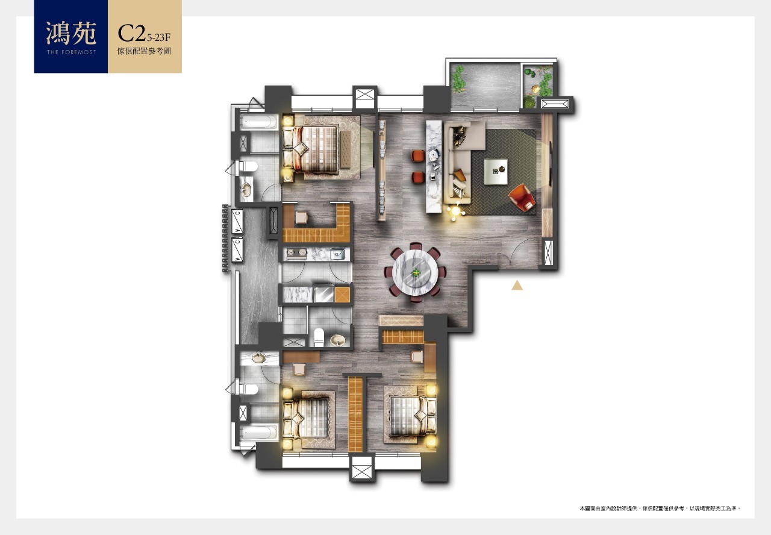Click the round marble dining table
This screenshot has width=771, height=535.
click(x=415, y=272)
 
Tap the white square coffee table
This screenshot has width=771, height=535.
click(x=495, y=172)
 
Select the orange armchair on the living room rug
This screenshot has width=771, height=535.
click(x=522, y=197)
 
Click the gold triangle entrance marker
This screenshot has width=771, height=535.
click(x=517, y=285)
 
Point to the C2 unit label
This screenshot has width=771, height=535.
click(x=131, y=33)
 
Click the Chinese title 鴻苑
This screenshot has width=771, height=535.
click(x=71, y=33)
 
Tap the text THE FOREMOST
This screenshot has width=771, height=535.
click(x=71, y=52)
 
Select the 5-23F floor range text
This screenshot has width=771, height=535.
click(x=158, y=37)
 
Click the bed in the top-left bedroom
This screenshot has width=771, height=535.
click(x=314, y=149)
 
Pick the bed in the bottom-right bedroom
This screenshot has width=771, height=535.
click(x=413, y=416)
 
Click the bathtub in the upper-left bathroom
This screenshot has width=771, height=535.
click(x=259, y=122)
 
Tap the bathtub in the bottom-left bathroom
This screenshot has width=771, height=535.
click(x=259, y=433)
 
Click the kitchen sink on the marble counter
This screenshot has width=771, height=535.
click(x=337, y=254)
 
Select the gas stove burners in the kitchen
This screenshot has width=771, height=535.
click(x=296, y=254)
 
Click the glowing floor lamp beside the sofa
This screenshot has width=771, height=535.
click(x=455, y=211)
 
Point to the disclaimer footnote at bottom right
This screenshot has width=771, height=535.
click(x=660, y=508)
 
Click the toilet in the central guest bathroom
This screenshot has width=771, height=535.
click(x=319, y=337)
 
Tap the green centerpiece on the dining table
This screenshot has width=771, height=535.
click(x=416, y=273)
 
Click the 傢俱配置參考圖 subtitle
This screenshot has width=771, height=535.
click(x=144, y=51)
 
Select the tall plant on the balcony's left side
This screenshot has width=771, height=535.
click(x=458, y=80)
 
